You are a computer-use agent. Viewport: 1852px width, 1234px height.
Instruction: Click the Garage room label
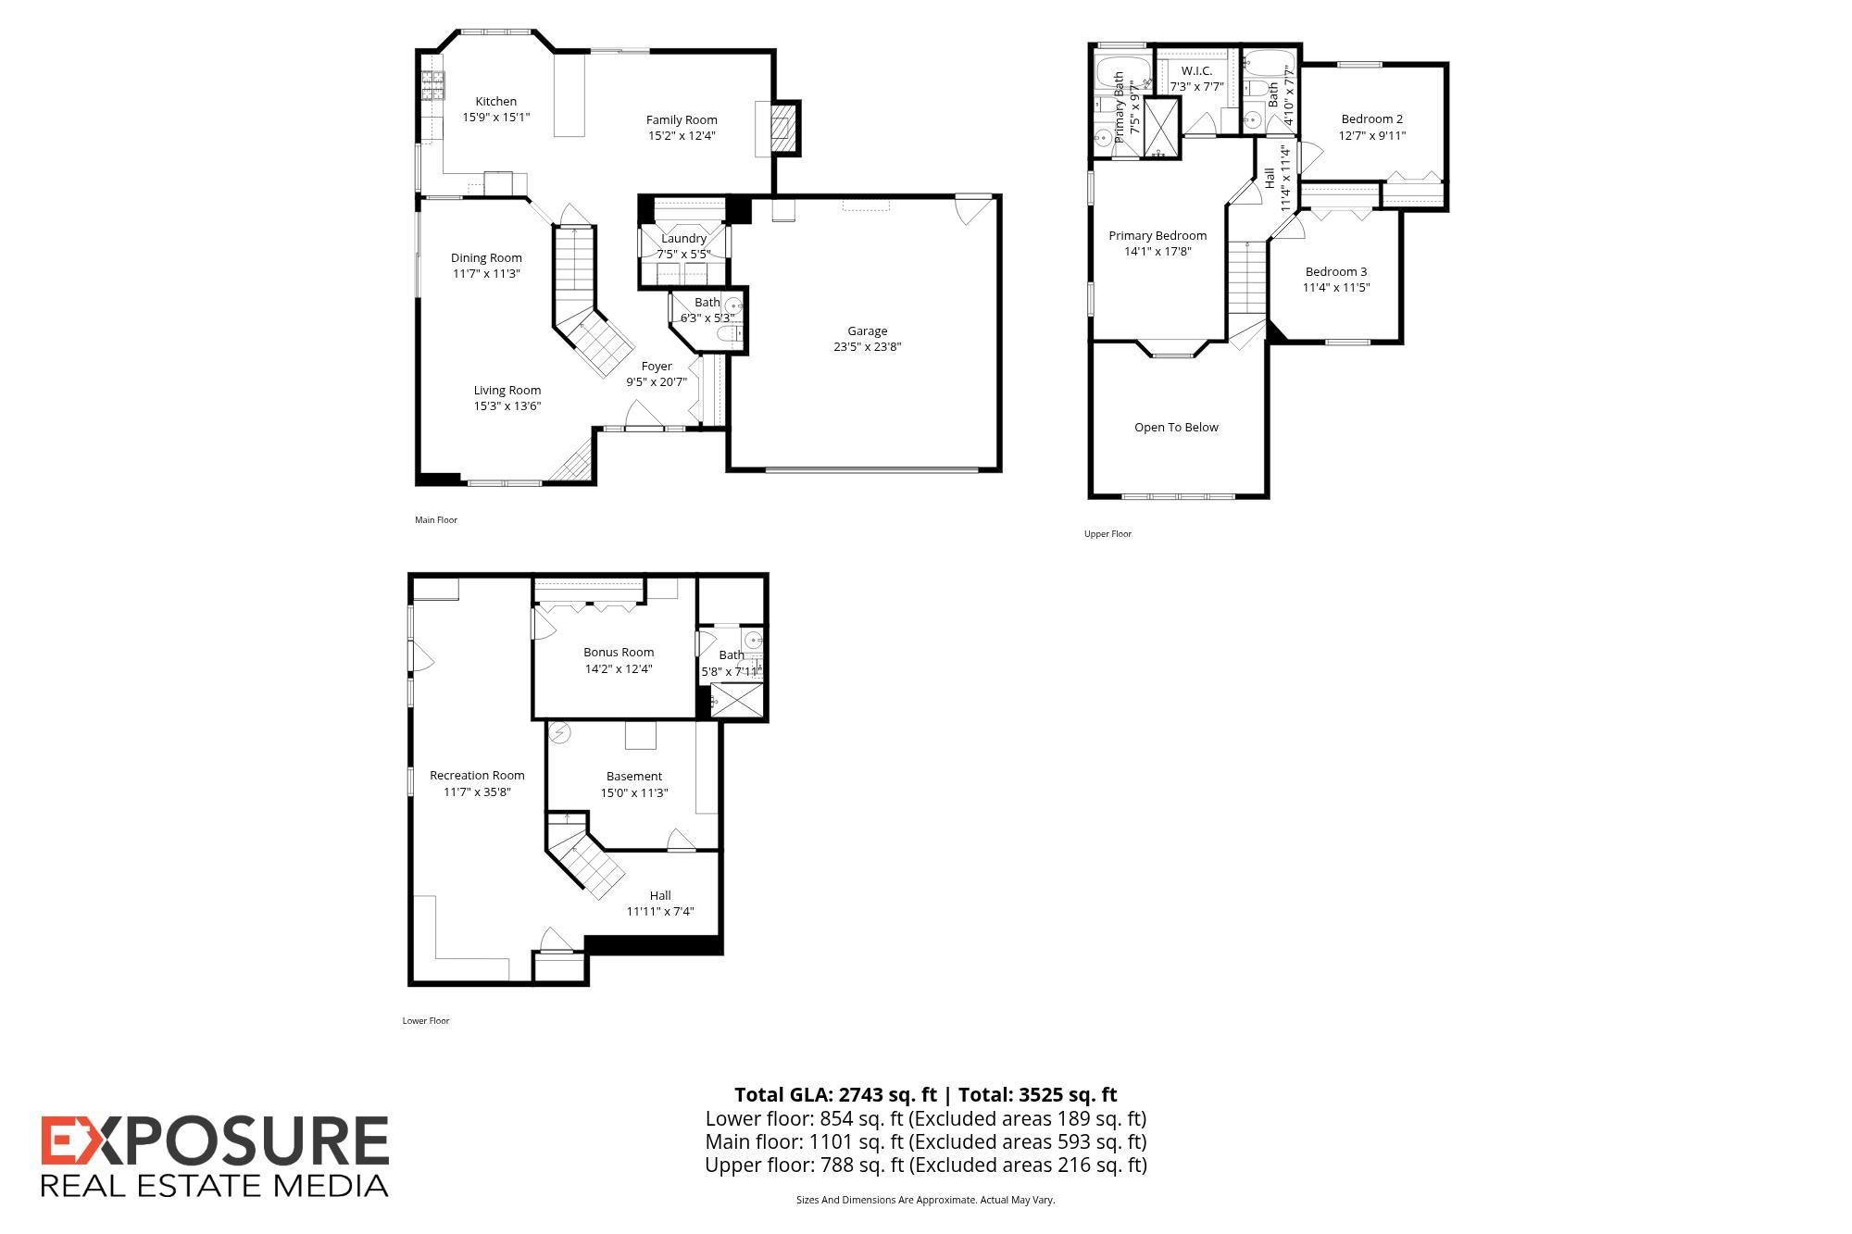(868, 331)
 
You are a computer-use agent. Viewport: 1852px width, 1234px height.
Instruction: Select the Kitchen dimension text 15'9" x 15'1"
(496, 118)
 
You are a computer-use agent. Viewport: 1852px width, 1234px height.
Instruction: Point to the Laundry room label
(683, 239)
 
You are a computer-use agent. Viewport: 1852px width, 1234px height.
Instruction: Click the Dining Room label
(486, 258)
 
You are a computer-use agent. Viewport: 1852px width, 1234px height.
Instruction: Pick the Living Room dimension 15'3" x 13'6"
(507, 406)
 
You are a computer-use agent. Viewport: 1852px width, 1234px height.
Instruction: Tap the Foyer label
(657, 367)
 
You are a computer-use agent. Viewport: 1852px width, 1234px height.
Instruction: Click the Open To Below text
(1176, 428)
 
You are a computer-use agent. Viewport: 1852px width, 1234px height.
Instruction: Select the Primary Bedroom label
(1157, 236)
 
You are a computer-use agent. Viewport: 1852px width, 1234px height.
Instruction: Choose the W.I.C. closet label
(1196, 71)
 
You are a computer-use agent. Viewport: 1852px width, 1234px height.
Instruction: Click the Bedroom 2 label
(1372, 119)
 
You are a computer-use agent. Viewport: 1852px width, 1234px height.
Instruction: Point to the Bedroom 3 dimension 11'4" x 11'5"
(1336, 288)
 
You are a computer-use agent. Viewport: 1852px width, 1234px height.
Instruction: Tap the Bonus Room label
(619, 653)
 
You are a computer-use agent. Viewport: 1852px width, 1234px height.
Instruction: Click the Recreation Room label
(477, 776)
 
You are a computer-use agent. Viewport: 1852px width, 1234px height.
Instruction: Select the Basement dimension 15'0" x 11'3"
(634, 793)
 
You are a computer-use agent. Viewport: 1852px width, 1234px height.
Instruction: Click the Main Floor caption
(436, 520)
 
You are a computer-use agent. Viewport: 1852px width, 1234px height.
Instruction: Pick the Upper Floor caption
(1107, 534)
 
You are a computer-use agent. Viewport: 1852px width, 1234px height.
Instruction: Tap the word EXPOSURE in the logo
(215, 1141)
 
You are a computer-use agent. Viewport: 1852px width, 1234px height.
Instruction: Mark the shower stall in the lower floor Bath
(738, 702)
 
